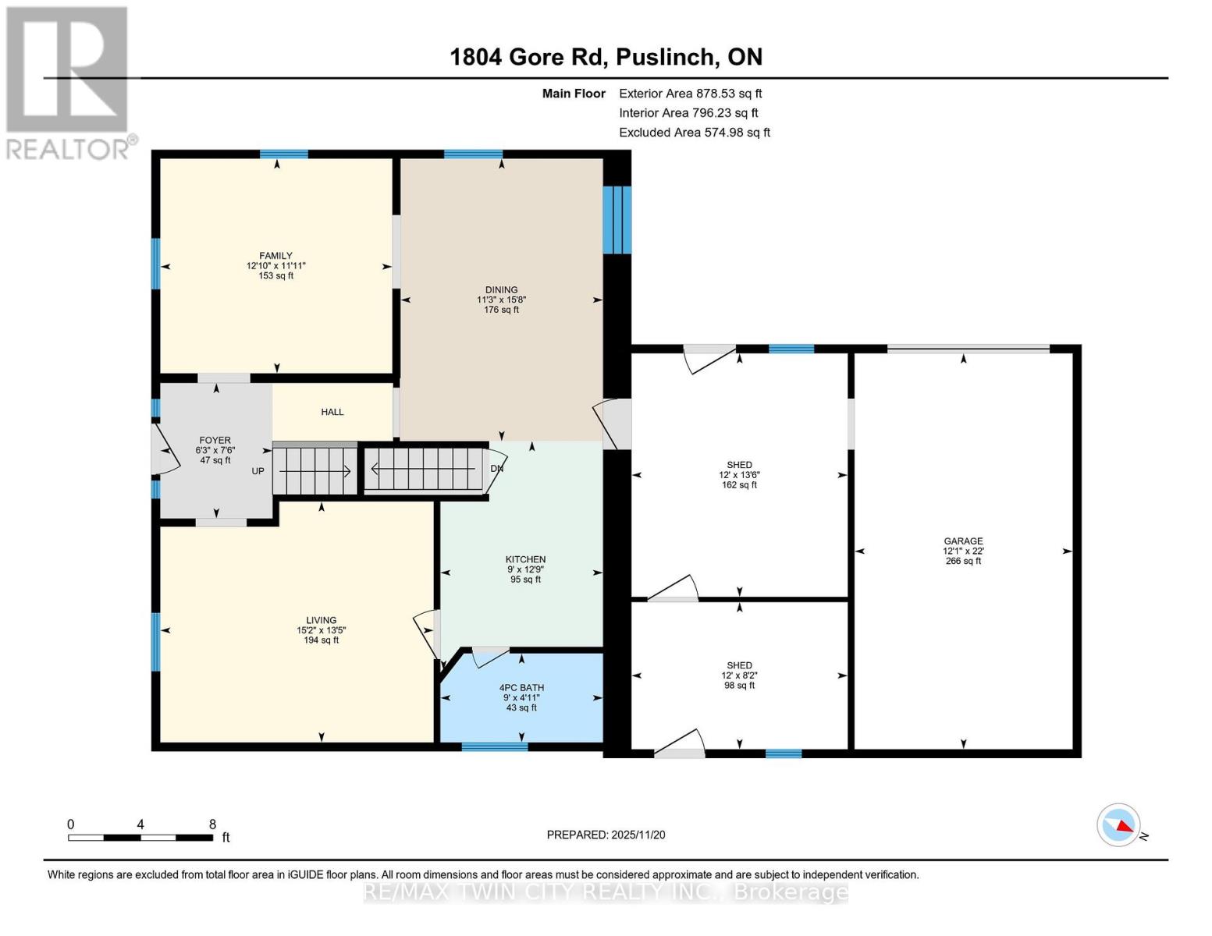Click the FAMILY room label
[275, 256]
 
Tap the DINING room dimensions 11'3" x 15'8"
[501, 300]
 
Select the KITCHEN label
[525, 559]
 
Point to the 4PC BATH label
[521, 688]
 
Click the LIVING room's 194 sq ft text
[321, 640]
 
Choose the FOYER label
[215, 440]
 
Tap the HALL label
[332, 412]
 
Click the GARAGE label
[963, 541]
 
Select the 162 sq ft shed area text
[739, 485]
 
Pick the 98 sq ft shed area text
[739, 686]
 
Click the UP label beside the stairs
[258, 471]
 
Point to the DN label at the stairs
[497, 469]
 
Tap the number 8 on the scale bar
[212, 824]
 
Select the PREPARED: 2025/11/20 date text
[606, 835]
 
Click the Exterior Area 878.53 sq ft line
[690, 94]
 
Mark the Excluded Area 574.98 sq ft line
[694, 133]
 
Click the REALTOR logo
[69, 82]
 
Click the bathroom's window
[494, 746]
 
